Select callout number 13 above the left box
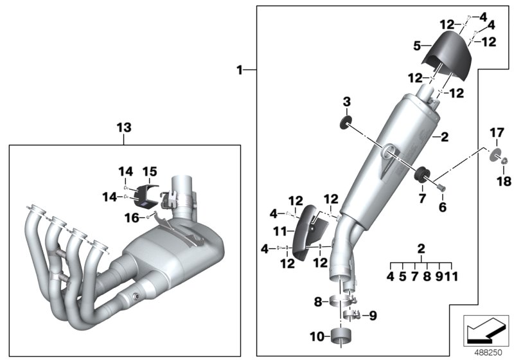point(123,128)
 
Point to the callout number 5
point(416,46)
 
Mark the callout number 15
point(149,172)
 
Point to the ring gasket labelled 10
point(342,336)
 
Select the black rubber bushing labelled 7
point(423,174)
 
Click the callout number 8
point(317,301)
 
